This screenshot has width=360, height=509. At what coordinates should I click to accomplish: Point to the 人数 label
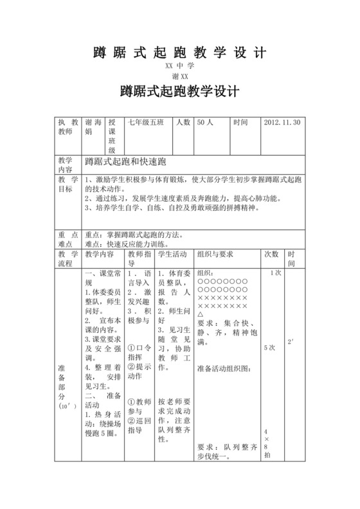click(x=183, y=123)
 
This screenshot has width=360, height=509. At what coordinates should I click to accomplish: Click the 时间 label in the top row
click(x=240, y=123)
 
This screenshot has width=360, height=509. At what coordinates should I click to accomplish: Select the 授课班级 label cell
click(x=112, y=136)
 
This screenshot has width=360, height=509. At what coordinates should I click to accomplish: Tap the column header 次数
click(x=271, y=254)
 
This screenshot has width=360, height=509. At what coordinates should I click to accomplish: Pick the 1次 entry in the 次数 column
click(x=276, y=273)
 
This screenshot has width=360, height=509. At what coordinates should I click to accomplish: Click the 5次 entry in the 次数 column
click(x=271, y=347)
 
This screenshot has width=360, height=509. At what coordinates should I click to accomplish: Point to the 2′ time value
click(x=292, y=341)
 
